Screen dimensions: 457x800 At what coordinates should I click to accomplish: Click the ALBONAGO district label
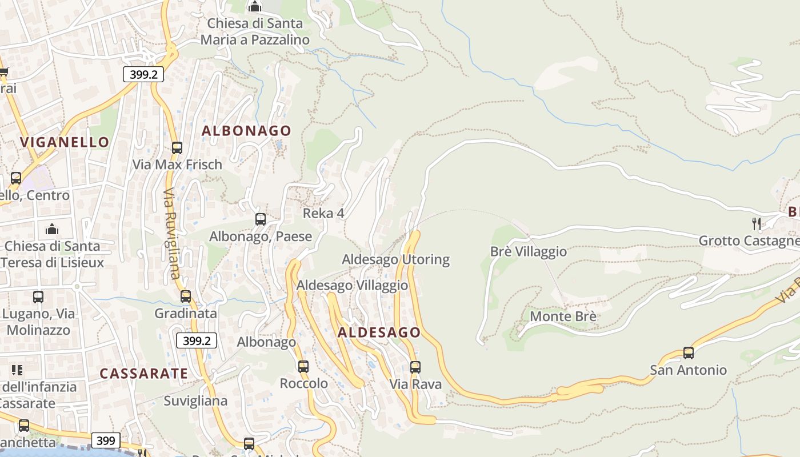pos(246,131)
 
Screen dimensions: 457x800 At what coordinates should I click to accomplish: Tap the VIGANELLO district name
pos(65,142)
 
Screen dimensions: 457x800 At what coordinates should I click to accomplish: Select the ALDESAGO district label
pos(379,332)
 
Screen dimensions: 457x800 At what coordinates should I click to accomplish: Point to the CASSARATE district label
pos(143,374)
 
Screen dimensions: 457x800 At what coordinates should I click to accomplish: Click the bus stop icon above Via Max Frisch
pos(177,148)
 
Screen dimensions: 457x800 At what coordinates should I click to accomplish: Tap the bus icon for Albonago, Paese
pos(261,219)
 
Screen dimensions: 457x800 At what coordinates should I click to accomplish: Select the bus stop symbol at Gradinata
pos(186,296)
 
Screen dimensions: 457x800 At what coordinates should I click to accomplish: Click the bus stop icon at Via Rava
pos(415,367)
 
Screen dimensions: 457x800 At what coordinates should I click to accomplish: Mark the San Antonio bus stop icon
pos(689,353)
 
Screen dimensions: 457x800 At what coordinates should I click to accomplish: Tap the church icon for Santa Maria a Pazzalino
pos(255,7)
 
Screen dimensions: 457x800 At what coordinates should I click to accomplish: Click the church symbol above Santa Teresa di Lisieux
pos(53,229)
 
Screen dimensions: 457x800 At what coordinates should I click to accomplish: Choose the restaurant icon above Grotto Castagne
pos(757,223)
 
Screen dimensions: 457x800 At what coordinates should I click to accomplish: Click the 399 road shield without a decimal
pos(106,440)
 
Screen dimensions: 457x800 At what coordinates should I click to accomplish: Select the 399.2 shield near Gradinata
pos(197,341)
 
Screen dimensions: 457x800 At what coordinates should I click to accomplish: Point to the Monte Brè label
pos(563,316)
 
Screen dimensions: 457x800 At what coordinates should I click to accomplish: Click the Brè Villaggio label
pos(529,252)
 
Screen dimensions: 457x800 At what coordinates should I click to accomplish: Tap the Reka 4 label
pos(323,214)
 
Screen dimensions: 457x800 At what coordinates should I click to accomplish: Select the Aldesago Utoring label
pos(395,259)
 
